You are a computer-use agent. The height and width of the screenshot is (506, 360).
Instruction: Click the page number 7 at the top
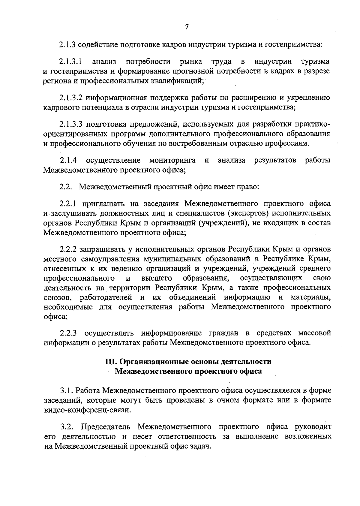(187, 27)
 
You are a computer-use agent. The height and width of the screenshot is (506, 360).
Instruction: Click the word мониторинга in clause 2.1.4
(172, 160)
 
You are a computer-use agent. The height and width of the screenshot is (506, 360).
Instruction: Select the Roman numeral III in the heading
(110, 362)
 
